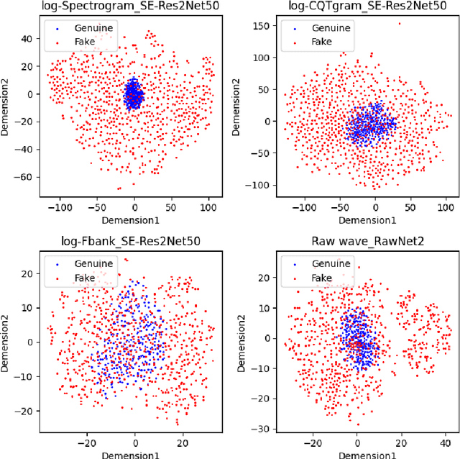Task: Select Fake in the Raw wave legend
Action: [x=322, y=277]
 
